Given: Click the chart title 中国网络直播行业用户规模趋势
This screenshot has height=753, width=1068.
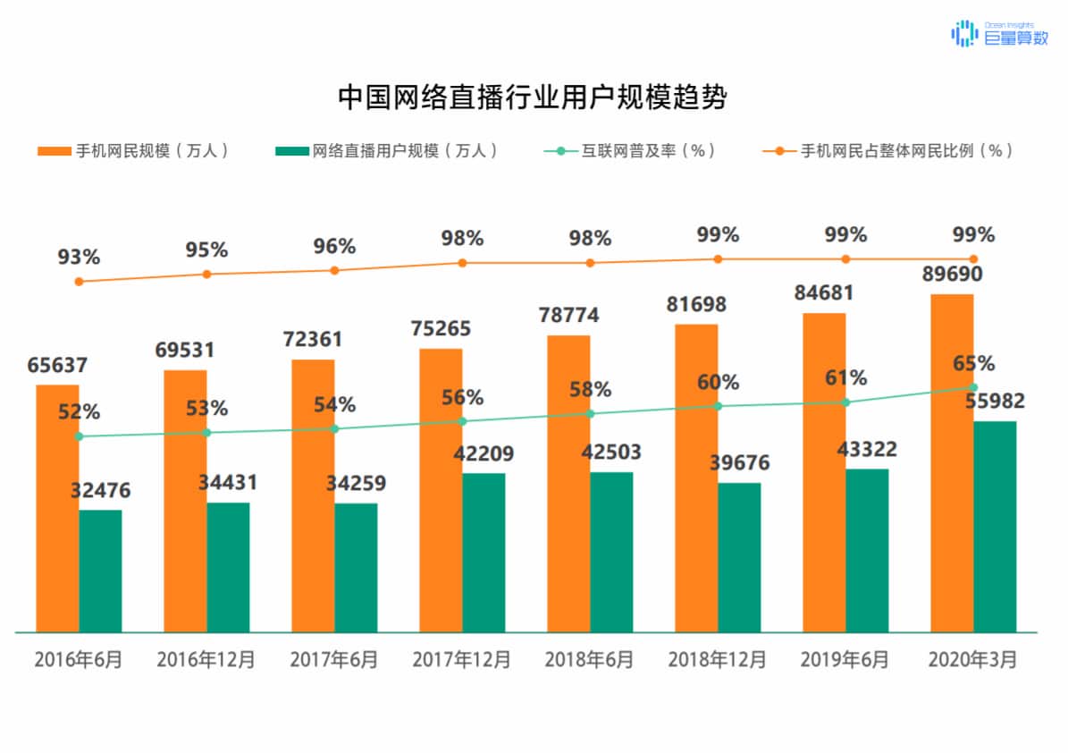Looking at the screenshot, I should [x=533, y=97].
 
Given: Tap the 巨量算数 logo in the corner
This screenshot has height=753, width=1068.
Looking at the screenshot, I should [x=999, y=34].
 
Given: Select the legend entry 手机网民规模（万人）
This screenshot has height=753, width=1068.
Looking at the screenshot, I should [x=134, y=151].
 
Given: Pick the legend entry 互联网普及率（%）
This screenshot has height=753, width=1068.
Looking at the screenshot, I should [x=631, y=151].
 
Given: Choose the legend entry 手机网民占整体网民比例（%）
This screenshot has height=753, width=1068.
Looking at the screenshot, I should [x=890, y=151].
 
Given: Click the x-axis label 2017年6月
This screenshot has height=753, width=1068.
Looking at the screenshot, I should [x=334, y=660].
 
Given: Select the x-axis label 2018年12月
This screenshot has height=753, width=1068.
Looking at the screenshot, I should [x=718, y=660].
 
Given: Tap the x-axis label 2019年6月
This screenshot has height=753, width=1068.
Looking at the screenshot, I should [x=845, y=660].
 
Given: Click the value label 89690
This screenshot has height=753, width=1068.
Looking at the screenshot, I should [x=953, y=274].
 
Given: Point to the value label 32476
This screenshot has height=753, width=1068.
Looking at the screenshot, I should [x=100, y=490].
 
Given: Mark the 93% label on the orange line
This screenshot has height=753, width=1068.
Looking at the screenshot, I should [x=79, y=258].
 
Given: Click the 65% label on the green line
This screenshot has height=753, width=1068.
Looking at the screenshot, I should [x=973, y=364].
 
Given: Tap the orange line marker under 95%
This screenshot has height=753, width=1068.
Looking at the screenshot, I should [x=206, y=274].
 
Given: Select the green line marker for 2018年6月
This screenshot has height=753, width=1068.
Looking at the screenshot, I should [x=590, y=413].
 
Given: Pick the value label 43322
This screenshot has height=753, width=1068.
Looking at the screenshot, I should [x=867, y=449].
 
